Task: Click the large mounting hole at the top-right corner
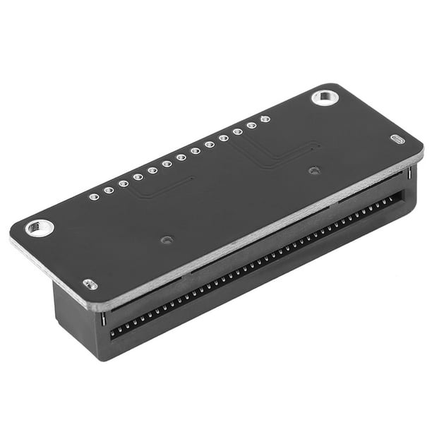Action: (325, 97)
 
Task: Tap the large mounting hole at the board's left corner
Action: (39, 227)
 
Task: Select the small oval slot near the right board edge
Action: (397, 140)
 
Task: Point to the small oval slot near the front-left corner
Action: (90, 284)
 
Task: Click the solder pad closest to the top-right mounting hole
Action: (265, 119)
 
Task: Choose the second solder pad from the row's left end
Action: (109, 190)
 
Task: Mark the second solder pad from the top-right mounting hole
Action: (251, 126)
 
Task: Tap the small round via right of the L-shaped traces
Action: (314, 170)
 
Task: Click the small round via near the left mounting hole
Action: (165, 240)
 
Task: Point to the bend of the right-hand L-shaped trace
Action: (265, 167)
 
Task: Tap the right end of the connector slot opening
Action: (401, 197)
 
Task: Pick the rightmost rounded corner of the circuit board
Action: (421, 149)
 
